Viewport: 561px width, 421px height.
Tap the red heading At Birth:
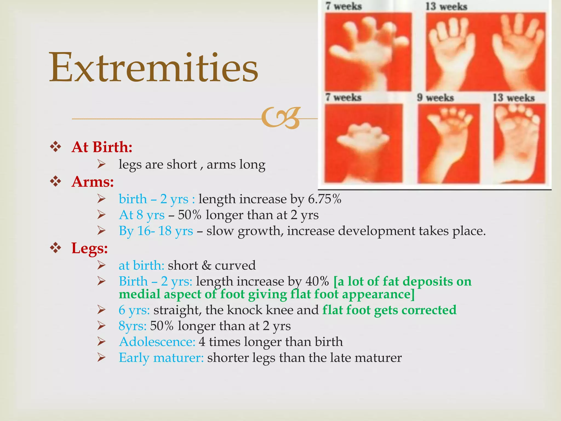click(102, 147)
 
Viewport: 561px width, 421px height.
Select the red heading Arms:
click(93, 181)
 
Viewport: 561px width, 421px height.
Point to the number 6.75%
click(325, 199)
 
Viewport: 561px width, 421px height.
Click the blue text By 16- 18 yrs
click(156, 231)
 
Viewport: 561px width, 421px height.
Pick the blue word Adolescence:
click(157, 342)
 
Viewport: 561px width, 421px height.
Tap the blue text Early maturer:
click(161, 358)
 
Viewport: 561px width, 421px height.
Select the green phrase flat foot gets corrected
click(389, 310)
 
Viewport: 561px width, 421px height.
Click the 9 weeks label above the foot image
click(435, 98)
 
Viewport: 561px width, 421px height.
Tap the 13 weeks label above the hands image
click(446, 6)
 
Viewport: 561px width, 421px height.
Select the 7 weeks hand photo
click(368, 52)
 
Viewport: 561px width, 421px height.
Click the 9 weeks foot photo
click(448, 143)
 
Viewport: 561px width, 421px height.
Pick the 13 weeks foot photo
click(519, 143)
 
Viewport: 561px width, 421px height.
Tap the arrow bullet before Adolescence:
click(101, 342)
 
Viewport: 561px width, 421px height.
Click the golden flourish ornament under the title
click(281, 118)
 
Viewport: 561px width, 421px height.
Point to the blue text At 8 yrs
click(142, 215)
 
